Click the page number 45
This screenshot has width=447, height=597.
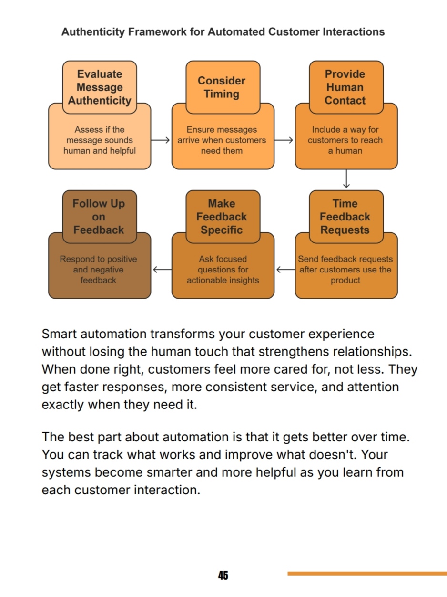tap(223, 575)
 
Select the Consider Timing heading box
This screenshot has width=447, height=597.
tap(223, 87)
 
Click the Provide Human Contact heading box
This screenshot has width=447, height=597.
tap(346, 87)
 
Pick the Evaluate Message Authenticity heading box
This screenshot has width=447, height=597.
tap(100, 87)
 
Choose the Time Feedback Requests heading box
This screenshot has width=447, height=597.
tap(346, 217)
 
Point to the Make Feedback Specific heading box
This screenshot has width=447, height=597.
tap(223, 217)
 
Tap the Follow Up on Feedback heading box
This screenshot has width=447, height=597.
tap(100, 217)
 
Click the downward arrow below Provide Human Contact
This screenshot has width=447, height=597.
tap(346, 178)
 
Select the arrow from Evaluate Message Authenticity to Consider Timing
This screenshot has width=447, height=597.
tap(160, 140)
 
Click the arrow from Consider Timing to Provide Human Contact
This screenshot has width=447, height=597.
tap(284, 140)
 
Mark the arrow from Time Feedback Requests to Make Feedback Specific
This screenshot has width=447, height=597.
tap(285, 270)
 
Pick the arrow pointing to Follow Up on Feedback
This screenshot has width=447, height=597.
tap(163, 270)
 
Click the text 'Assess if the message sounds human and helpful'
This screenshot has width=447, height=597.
tap(100, 140)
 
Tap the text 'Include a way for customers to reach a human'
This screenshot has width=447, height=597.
tap(345, 140)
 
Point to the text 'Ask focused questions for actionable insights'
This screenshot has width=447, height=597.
tap(223, 270)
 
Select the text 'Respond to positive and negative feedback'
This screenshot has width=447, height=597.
tap(98, 270)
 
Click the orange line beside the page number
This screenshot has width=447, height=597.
tap(367, 573)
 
